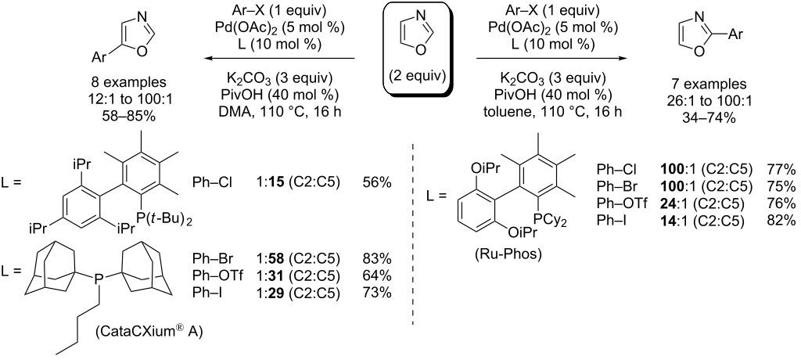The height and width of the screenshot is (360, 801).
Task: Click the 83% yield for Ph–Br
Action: pyautogui.click(x=379, y=261)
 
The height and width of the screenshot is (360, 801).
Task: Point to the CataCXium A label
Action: pyautogui.click(x=149, y=333)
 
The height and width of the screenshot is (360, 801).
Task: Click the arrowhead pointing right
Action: pyautogui.click(x=621, y=58)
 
